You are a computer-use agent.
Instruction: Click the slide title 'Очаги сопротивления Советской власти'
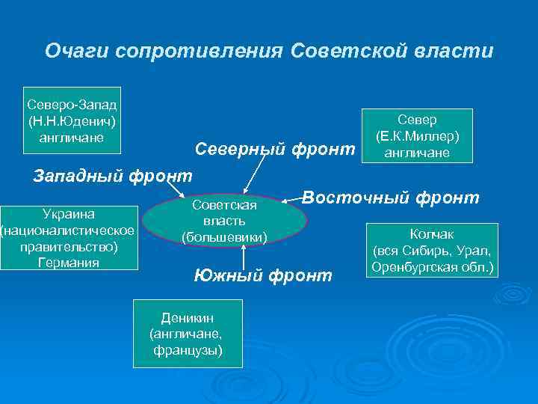(269, 51)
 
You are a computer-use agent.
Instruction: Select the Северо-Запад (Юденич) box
(73, 119)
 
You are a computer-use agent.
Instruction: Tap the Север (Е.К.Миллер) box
(417, 135)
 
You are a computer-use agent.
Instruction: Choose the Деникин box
(188, 334)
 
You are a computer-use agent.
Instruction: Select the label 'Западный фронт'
(113, 177)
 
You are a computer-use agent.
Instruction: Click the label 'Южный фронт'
(262, 276)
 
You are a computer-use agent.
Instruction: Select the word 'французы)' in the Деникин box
(188, 350)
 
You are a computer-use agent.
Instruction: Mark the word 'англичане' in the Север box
(417, 153)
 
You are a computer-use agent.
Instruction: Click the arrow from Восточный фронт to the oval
(291, 200)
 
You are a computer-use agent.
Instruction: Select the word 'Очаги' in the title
(72, 51)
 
